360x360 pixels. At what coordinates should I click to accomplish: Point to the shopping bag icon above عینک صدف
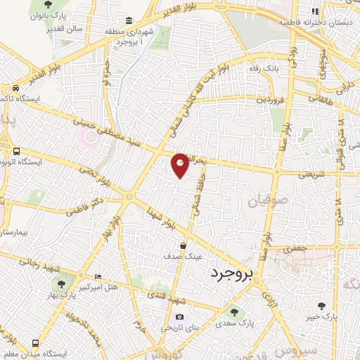(183, 246)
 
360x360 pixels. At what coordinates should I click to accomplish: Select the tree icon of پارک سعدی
(233, 311)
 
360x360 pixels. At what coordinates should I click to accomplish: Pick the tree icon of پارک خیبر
(321, 305)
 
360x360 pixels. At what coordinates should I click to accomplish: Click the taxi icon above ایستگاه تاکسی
(15, 89)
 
